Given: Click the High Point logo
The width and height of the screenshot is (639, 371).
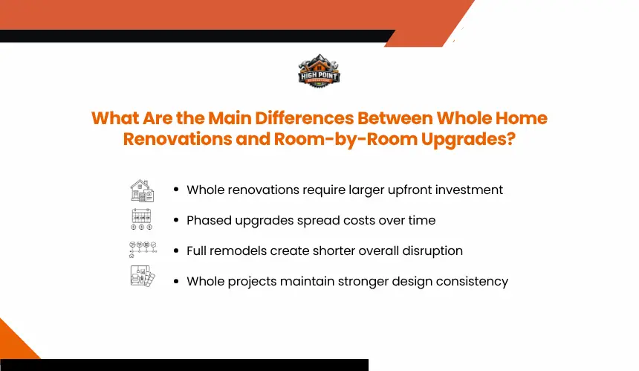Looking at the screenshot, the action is pos(319,71).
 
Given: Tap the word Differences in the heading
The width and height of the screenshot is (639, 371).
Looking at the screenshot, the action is pos(305,118).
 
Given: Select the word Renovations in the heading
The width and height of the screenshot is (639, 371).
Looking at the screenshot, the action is pos(178,139).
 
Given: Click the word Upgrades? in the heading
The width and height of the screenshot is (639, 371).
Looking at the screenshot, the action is pos(468,140).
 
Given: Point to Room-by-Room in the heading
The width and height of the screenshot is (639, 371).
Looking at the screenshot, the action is pos(346,140).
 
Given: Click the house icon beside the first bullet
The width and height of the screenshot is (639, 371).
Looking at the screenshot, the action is pos(142,190).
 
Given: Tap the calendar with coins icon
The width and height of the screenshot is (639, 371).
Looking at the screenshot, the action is pos(141,219).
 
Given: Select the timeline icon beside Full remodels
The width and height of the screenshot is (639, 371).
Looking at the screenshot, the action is pos(143,250).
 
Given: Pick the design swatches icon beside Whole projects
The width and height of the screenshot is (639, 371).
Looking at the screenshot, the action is pos(143,277).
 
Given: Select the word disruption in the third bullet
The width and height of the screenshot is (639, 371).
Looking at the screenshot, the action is pos(432,251).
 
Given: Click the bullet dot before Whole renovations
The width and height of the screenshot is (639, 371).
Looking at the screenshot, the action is pos(176,190).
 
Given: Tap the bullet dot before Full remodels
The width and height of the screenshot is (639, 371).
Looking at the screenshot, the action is pos(176,251).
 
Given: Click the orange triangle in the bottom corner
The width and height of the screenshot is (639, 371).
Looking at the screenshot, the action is pos(14,343).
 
